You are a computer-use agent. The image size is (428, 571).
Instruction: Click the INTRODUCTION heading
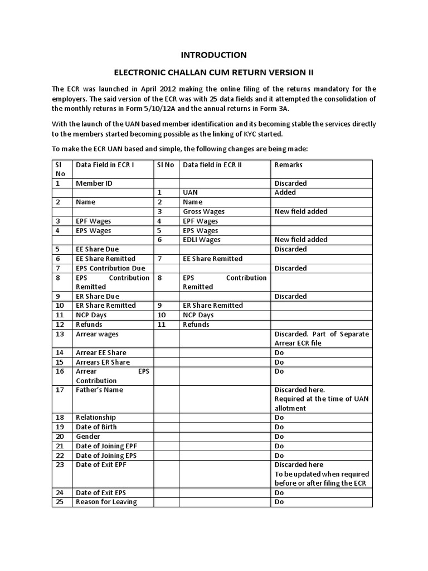pyautogui.click(x=213, y=55)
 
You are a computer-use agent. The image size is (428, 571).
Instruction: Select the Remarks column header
pyautogui.click(x=288, y=165)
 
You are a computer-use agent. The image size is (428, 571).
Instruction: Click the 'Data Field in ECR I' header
pyautogui.click(x=105, y=165)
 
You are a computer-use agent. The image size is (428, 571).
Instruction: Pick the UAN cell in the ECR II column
pyautogui.click(x=191, y=192)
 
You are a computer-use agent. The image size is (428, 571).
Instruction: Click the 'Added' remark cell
pyautogui.click(x=285, y=192)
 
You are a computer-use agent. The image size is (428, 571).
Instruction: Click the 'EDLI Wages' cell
pyautogui.click(x=202, y=240)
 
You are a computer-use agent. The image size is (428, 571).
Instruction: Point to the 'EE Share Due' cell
pyautogui.click(x=97, y=249)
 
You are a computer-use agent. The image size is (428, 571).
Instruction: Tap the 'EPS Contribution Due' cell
pyautogui.click(x=110, y=268)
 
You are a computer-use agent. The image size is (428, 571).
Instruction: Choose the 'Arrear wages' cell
pyautogui.click(x=97, y=334)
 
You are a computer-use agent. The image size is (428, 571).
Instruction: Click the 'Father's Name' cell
pyautogui.click(x=99, y=390)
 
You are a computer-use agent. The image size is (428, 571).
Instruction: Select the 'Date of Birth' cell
pyautogui.click(x=96, y=427)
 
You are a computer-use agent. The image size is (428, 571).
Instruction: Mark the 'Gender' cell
pyautogui.click(x=88, y=437)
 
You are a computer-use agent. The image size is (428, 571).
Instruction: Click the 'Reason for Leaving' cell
pyautogui.click(x=106, y=502)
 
